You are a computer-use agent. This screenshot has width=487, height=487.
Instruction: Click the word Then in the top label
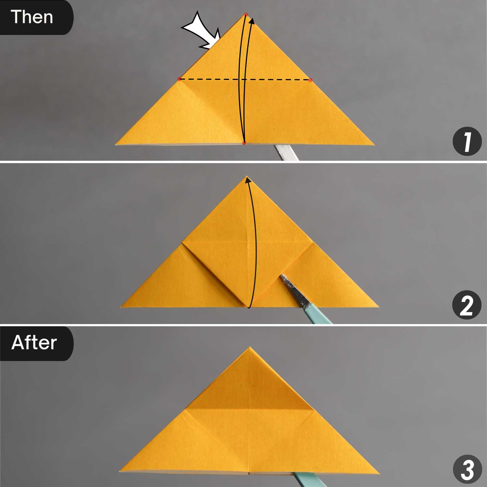point(32,17)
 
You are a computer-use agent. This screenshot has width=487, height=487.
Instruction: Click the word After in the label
point(34,343)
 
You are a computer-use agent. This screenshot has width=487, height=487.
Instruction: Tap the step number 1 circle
point(467,141)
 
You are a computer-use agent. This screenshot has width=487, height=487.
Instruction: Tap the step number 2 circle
point(467,305)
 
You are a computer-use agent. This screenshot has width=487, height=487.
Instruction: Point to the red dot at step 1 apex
point(246,15)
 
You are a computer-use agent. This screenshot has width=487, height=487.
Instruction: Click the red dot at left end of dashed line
point(179,79)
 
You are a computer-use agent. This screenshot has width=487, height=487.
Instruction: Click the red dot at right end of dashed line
point(311,80)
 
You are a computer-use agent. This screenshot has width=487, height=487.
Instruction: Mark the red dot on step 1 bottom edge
point(244,143)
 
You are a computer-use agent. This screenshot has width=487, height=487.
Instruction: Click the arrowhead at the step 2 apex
point(248,179)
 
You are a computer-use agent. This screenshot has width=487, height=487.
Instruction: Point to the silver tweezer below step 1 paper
point(286,153)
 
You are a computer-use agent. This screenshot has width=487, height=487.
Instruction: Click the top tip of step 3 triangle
point(249,347)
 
